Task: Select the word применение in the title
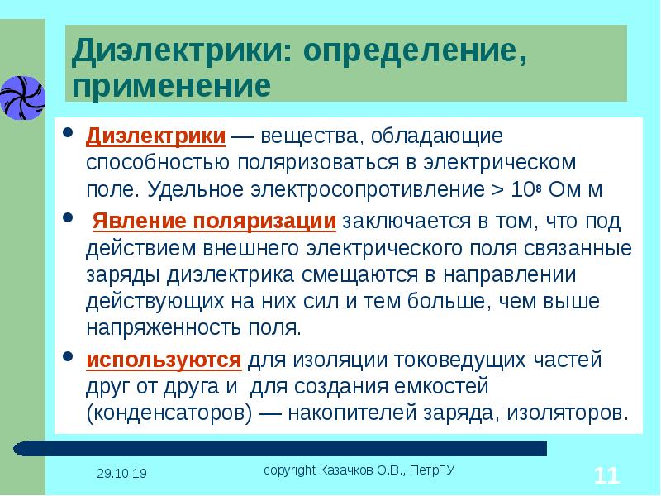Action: click(x=172, y=86)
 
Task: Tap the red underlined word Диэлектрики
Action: click(x=155, y=136)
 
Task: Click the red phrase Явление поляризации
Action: click(x=214, y=221)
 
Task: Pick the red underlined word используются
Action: click(x=164, y=360)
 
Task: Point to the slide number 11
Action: click(x=606, y=475)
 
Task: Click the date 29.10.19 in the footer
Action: click(x=121, y=473)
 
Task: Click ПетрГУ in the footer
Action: click(x=432, y=470)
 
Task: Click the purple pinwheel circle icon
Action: click(x=22, y=98)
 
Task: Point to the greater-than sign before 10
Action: click(x=497, y=190)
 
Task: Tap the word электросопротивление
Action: click(x=368, y=190)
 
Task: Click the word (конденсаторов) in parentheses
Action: click(x=169, y=413)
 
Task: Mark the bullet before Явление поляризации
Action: click(x=68, y=217)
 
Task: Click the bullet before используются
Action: click(x=68, y=357)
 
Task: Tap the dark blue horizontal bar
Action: click(x=280, y=448)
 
